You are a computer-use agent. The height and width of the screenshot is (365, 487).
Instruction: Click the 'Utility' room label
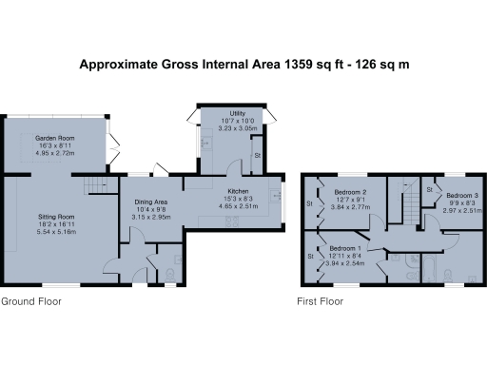[224, 114]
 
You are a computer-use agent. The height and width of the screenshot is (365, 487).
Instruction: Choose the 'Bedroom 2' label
[352, 192]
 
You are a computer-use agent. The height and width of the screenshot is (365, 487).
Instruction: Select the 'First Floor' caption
[321, 301]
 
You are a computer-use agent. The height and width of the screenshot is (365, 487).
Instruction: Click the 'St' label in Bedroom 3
[431, 190]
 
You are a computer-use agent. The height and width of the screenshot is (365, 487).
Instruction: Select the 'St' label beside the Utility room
[256, 154]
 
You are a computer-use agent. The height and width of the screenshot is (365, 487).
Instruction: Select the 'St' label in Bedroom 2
[310, 202]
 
